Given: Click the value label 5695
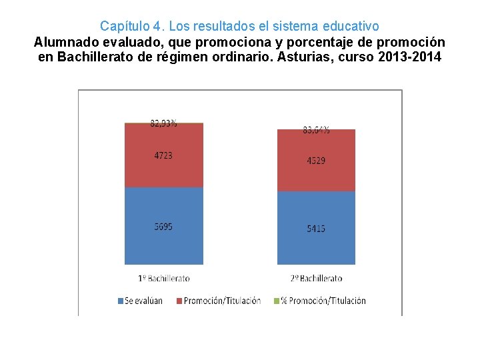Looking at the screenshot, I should coord(163,227).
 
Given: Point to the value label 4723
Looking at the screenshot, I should coord(163,155).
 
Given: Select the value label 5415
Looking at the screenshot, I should coord(316,229).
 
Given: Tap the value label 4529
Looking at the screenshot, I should coord(316,161).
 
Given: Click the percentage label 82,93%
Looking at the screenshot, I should coord(163,123).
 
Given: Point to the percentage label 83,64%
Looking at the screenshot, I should coord(316,130).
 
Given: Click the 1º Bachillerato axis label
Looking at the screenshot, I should coord(163,278).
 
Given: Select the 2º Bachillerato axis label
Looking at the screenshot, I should coord(316,278).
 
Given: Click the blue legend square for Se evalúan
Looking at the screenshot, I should coord(121,301).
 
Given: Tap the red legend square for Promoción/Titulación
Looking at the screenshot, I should coord(179,301).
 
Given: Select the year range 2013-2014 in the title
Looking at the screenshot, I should coord(409,57).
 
